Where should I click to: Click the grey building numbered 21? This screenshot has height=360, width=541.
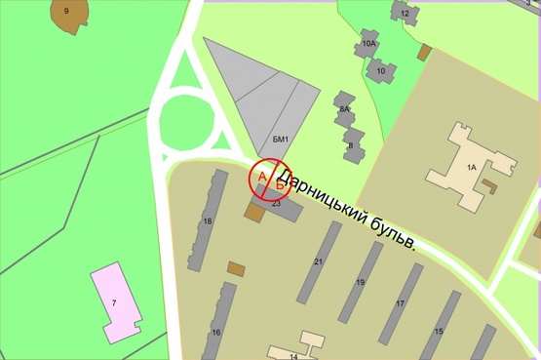point(319,261)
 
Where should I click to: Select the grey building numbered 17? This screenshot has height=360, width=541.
point(400,303)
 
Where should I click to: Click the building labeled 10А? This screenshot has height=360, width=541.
point(367,45)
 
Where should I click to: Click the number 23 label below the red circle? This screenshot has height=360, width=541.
point(276,203)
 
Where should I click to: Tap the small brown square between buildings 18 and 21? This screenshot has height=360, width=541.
point(236,267)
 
